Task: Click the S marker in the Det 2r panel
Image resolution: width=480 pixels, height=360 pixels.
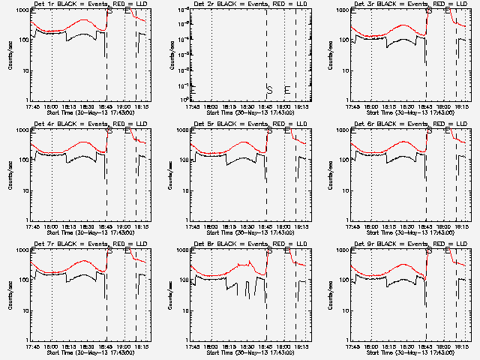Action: pyautogui.click(x=269, y=89)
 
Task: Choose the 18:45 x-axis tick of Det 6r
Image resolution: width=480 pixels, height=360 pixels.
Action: pyautogui.click(x=427, y=225)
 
